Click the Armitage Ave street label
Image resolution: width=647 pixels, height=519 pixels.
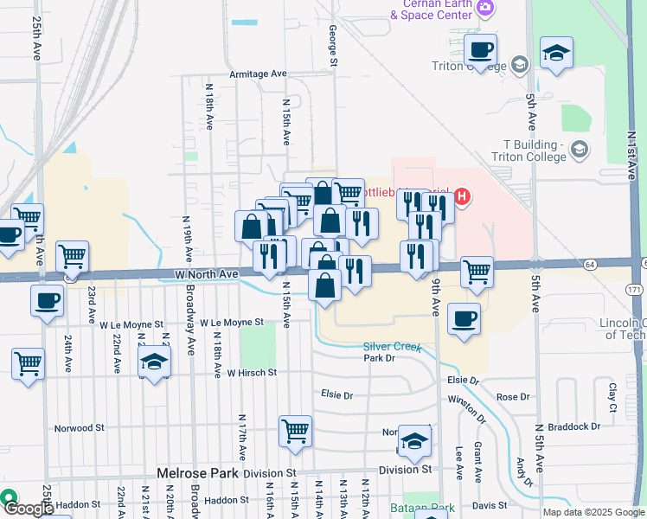[258, 74]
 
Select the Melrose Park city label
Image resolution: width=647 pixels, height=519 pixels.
[197, 473]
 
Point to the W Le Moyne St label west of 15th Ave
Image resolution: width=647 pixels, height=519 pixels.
[231, 322]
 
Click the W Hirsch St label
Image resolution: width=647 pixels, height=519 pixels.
[251, 373]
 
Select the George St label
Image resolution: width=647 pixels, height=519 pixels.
[332, 43]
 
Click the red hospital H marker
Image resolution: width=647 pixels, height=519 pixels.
[462, 196]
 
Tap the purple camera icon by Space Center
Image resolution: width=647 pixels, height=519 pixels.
[485, 8]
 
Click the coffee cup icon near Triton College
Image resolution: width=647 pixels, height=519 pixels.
[481, 50]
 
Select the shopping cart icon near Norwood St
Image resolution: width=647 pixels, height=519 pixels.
[295, 429]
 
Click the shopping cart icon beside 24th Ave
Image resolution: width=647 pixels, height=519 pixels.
[73, 255]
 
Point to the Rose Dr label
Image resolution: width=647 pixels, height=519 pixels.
[512, 397]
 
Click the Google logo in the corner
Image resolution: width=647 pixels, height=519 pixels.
[28, 509]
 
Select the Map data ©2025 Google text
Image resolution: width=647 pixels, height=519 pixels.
[593, 512]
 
